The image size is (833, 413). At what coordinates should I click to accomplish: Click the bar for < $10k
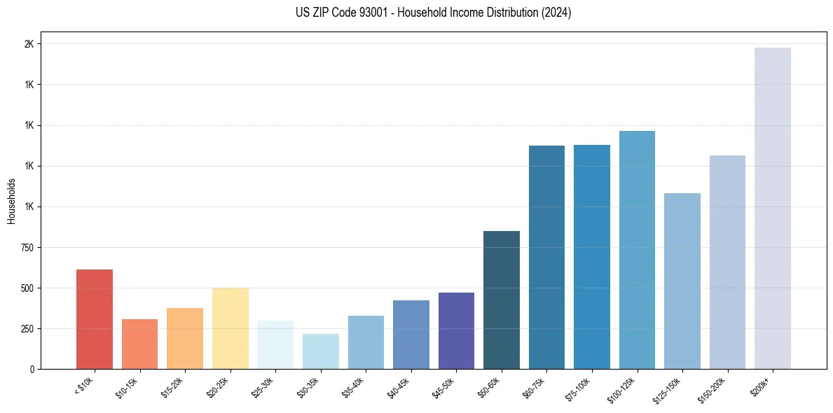coord(95,319)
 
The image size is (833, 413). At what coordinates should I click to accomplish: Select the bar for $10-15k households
coord(139,344)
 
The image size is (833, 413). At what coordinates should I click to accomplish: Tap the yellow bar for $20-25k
coord(230,328)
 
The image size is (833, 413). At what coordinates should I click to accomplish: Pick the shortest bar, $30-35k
coord(320,351)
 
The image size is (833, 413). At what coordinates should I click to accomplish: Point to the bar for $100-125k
coord(637,250)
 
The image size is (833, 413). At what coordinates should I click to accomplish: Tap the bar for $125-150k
coord(682,281)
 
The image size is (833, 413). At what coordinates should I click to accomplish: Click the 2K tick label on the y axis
coord(29,44)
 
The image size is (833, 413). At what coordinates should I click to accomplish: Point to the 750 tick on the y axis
coord(27,248)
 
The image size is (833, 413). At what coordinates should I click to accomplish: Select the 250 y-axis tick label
coord(27,329)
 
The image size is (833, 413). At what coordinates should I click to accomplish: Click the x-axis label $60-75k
coord(533,387)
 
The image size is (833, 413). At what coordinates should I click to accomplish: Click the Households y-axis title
coord(11,201)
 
